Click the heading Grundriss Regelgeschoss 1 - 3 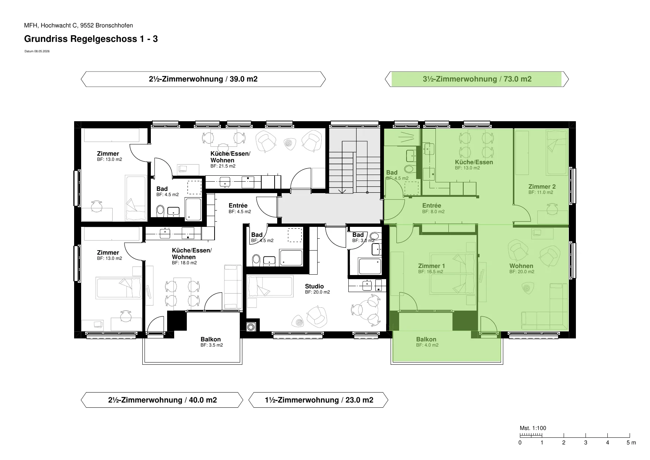tap(91, 39)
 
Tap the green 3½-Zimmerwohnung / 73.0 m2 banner tap(477, 79)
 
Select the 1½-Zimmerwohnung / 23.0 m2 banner tap(318, 400)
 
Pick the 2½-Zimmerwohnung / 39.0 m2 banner tap(203, 79)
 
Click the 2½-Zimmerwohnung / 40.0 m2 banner tap(162, 400)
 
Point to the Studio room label tap(314, 286)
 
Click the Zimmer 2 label tap(542, 186)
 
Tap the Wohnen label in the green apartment tap(521, 266)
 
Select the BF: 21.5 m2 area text tap(223, 166)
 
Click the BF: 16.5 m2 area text tap(431, 272)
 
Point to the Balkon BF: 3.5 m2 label tap(212, 342)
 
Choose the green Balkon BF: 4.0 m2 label tap(427, 342)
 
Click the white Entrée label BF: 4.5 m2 tap(239, 208)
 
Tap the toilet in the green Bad tap(409, 169)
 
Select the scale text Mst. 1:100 tap(533, 428)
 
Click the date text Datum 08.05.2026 tap(37, 52)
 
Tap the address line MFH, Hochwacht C tap(79, 26)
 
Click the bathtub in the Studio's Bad tap(369, 266)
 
